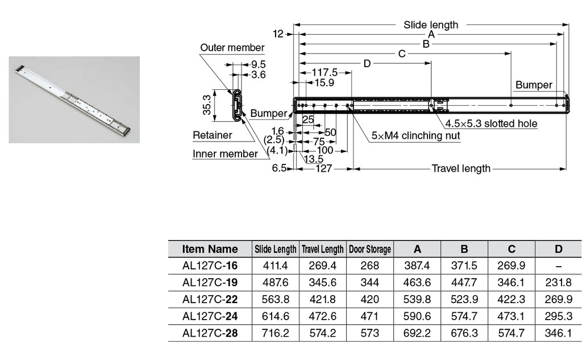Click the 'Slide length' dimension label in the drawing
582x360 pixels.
click(x=430, y=25)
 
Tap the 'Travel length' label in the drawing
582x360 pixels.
click(x=460, y=169)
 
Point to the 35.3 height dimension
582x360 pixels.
click(x=207, y=105)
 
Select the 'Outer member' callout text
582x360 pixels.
click(x=232, y=48)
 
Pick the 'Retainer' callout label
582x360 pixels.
click(x=213, y=135)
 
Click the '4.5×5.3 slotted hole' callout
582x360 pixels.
click(x=491, y=123)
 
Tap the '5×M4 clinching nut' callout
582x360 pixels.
click(x=415, y=136)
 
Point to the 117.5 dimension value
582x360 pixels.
click(x=326, y=72)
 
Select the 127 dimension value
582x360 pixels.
click(x=323, y=169)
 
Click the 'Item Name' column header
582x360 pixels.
click(x=210, y=249)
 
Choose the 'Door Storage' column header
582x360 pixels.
click(x=369, y=249)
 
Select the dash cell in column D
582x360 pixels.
click(x=558, y=266)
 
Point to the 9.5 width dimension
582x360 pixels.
click(x=259, y=64)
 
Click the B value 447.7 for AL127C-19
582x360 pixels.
click(x=464, y=282)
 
